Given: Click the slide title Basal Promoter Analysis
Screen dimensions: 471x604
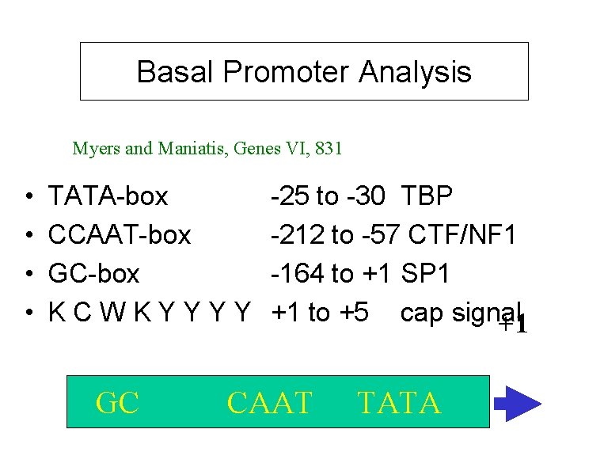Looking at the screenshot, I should [304, 72].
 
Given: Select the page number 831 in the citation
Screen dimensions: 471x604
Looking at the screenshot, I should [329, 148].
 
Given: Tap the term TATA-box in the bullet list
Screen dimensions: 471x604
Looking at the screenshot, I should [108, 196].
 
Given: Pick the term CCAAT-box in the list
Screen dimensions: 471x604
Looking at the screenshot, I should [120, 234].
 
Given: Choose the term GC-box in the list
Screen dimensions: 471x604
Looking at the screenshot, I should [94, 274].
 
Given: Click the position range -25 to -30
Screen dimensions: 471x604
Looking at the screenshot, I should [332, 196].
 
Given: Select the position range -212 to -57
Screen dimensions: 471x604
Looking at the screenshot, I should [338, 234].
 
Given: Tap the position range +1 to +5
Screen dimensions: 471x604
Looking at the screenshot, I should [319, 313].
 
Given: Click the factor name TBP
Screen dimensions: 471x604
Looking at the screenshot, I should [427, 196].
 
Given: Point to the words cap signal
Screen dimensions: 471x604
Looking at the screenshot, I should [459, 313].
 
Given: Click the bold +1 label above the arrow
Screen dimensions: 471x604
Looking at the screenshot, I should [512, 324].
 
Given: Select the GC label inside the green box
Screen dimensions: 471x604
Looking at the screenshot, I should [117, 403].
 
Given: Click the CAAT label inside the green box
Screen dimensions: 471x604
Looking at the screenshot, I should [269, 403].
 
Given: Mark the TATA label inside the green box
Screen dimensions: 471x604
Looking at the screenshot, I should [398, 403].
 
